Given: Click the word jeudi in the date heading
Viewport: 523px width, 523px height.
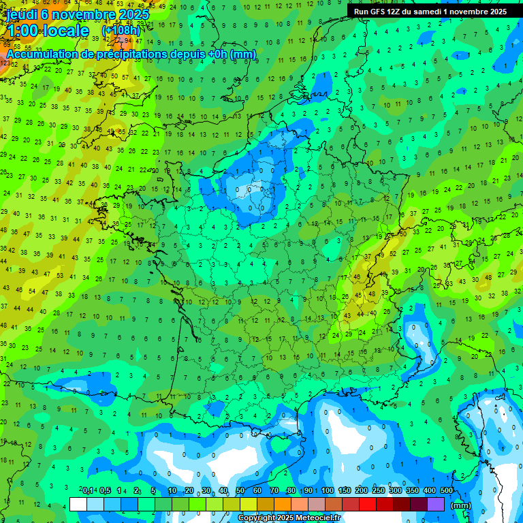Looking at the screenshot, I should (x=22, y=14).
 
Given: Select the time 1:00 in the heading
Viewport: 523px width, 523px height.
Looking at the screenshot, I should (x=23, y=31).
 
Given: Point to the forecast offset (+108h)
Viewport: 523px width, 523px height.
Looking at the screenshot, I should (x=121, y=31).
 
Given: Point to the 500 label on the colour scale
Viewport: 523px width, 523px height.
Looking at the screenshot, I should (x=447, y=491).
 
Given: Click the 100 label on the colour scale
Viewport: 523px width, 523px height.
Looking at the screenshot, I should (x=328, y=491).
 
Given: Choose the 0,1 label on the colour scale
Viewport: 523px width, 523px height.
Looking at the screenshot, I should (x=88, y=491).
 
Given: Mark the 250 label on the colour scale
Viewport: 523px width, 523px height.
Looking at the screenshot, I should (x=379, y=491).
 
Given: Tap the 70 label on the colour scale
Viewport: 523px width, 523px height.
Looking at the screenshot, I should (x=274, y=491).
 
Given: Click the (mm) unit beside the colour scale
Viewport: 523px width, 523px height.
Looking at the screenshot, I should (x=461, y=505).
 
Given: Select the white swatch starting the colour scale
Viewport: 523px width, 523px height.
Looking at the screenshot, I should (x=78, y=504).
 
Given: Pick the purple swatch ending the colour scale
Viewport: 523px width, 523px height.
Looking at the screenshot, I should (x=436, y=504).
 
